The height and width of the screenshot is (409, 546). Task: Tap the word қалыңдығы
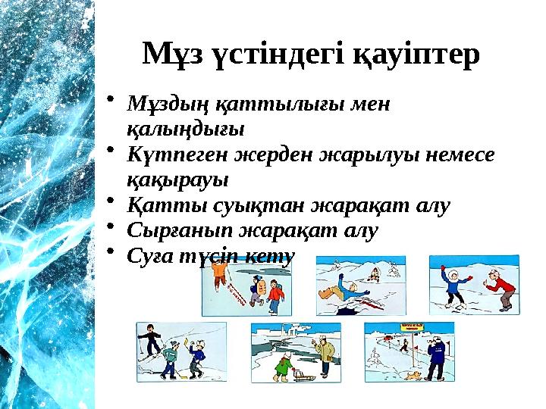point(185,129)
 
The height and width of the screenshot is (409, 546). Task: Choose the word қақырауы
point(177,180)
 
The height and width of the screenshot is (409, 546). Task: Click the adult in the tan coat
point(325,356)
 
